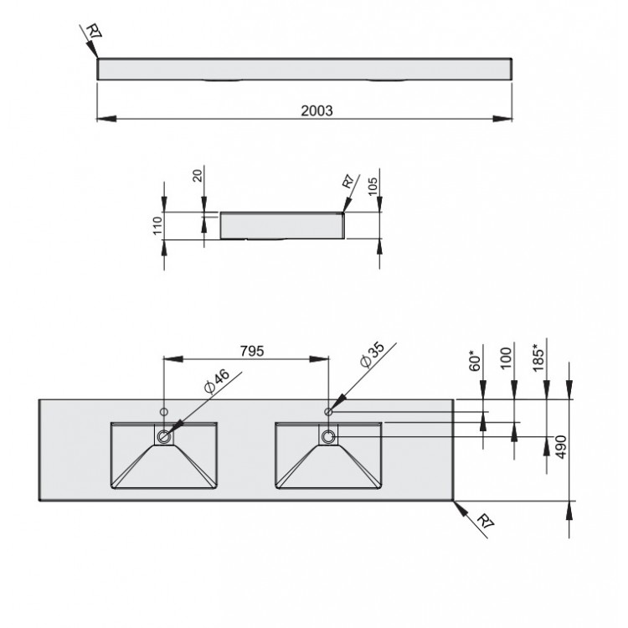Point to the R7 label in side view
(349, 183)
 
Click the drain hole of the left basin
(163, 436)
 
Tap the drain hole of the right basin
(328, 436)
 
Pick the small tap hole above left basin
(163, 412)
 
